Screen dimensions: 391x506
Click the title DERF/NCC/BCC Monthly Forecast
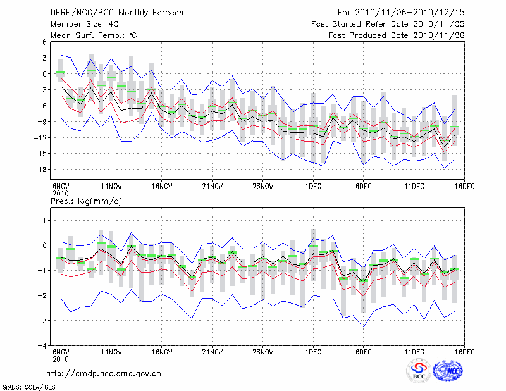click(110, 13)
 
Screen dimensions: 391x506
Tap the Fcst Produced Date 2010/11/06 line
click(397, 35)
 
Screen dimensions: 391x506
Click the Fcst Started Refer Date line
click(388, 24)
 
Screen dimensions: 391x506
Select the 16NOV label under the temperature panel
click(162, 186)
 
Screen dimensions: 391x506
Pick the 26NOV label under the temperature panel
click(262, 186)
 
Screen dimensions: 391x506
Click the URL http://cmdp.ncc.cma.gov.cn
click(104, 374)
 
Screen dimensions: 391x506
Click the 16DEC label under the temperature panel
click(464, 186)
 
